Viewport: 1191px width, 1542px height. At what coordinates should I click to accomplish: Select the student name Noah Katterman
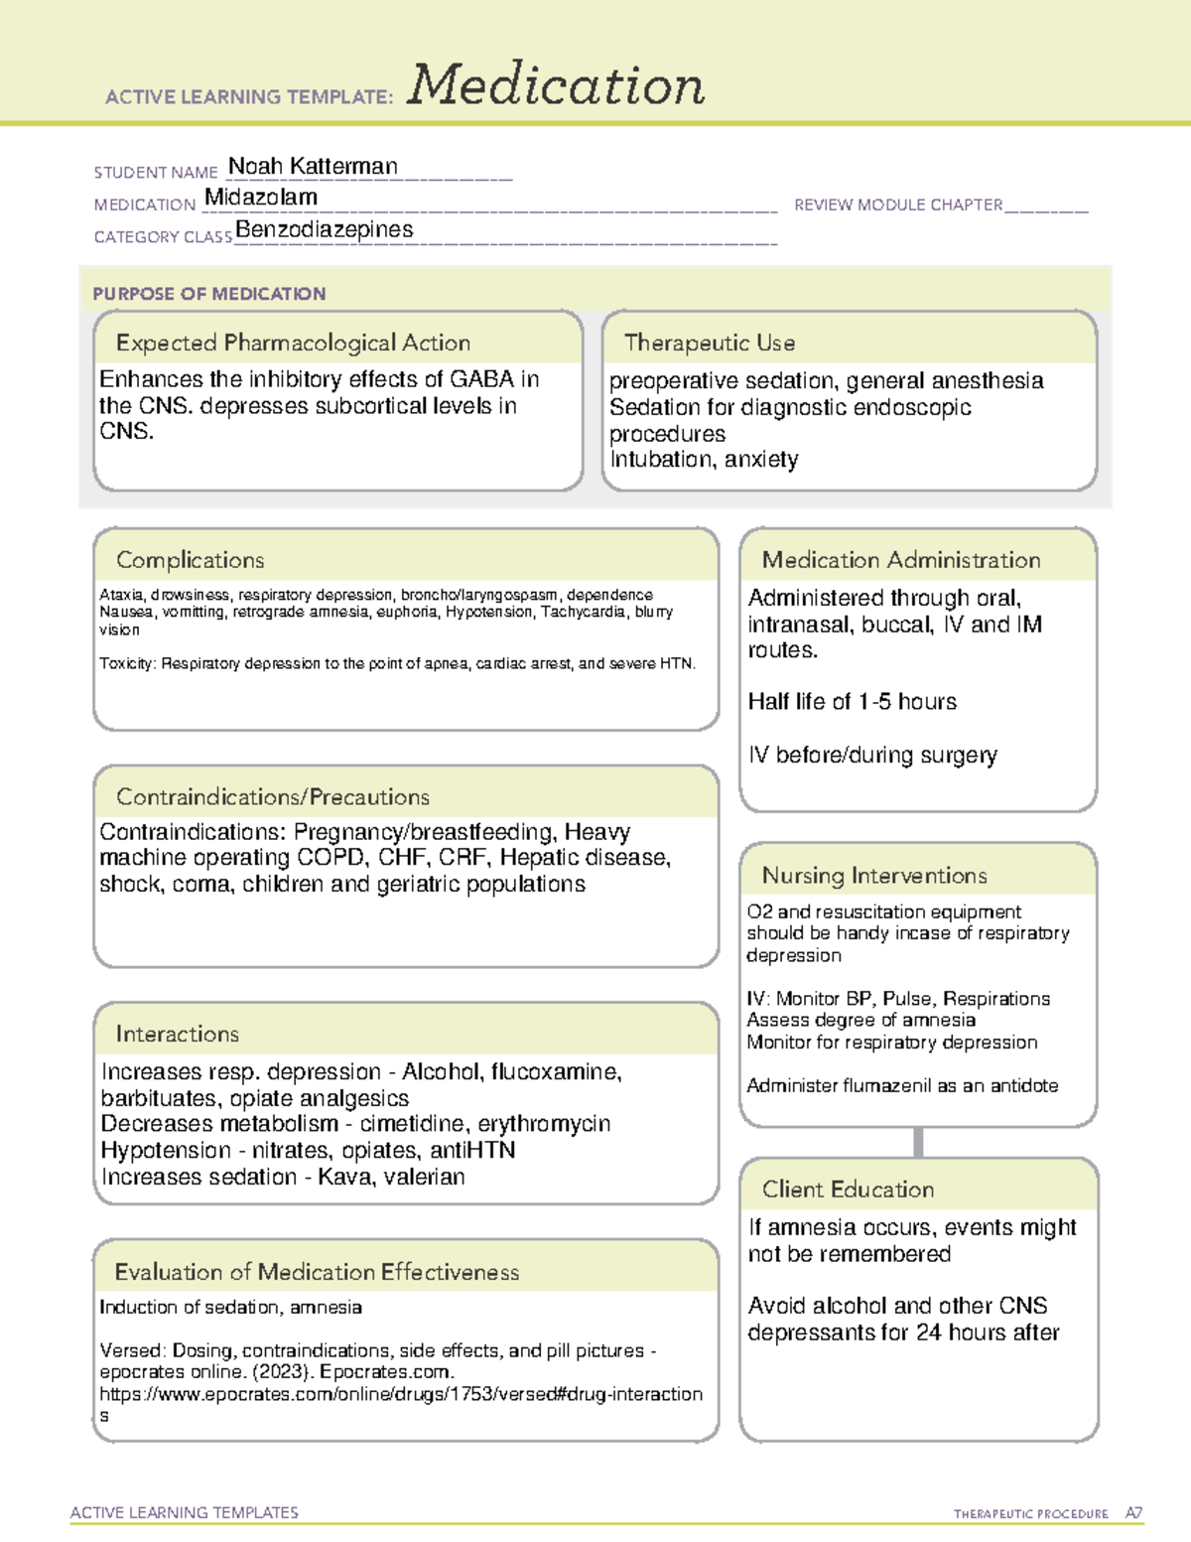click(x=313, y=166)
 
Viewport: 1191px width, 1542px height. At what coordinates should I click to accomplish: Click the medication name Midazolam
click(x=261, y=197)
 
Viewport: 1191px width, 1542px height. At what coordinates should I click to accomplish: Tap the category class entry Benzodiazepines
click(x=325, y=229)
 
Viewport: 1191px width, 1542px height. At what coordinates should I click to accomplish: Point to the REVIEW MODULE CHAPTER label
click(x=898, y=205)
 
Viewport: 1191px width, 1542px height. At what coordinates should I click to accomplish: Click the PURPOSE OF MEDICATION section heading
click(x=209, y=294)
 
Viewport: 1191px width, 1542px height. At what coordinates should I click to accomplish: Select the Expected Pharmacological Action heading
click(x=293, y=343)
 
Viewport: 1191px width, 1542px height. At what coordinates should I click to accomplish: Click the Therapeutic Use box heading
click(x=710, y=343)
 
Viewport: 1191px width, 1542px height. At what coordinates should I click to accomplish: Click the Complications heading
click(x=191, y=560)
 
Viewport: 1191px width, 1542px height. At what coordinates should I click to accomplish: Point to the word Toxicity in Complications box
click(x=126, y=663)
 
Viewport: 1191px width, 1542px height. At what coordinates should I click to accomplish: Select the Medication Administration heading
click(x=901, y=560)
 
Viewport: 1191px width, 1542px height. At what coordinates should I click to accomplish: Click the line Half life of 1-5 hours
click(x=853, y=702)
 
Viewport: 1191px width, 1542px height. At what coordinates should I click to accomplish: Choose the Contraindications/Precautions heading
click(x=273, y=797)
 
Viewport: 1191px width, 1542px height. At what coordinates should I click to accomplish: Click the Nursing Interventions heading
click(x=874, y=876)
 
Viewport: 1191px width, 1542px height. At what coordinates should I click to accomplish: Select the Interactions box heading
click(x=178, y=1034)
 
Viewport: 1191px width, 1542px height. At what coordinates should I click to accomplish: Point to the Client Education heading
click(x=848, y=1190)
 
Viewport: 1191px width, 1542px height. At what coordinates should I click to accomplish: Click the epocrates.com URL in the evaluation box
click(x=401, y=1394)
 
